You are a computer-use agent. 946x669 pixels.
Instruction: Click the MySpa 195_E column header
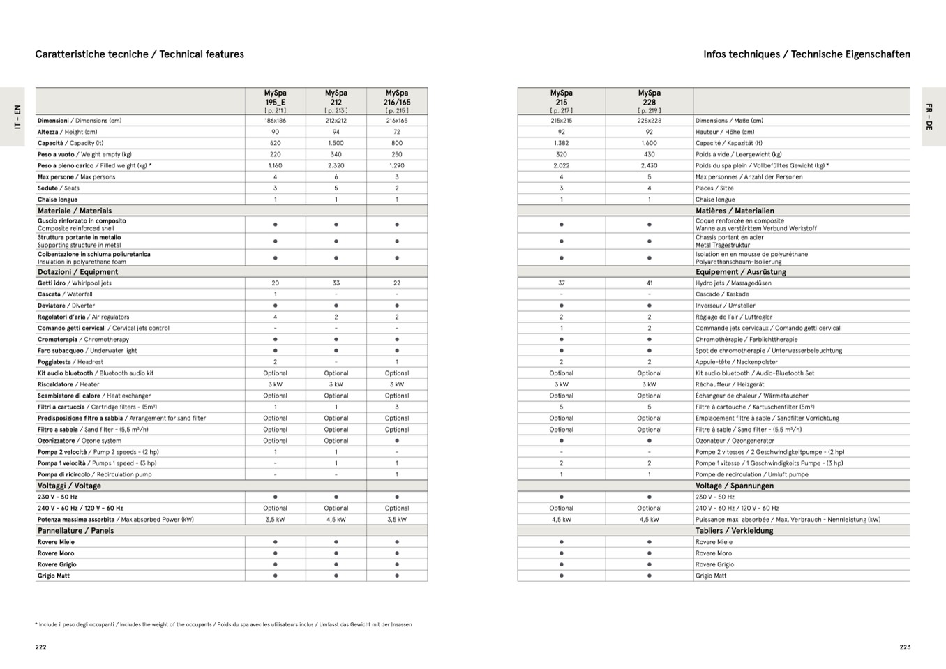[275, 101]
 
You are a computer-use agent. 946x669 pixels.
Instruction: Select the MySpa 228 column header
[649, 101]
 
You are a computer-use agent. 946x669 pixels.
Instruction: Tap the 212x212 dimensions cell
[336, 121]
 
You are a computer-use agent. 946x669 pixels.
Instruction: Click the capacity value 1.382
[561, 143]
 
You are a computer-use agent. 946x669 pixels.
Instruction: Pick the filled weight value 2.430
[649, 166]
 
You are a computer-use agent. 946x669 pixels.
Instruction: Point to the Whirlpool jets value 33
[336, 283]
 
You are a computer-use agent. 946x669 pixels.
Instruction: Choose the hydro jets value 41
[649, 283]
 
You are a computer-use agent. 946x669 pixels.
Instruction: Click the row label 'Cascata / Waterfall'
[65, 294]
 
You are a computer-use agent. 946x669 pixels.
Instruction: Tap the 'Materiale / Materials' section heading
[75, 211]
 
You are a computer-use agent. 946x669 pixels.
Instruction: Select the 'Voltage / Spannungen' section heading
[734, 486]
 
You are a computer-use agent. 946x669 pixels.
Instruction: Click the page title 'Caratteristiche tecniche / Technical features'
[140, 54]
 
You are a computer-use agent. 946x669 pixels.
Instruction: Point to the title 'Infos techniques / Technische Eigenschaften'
[806, 54]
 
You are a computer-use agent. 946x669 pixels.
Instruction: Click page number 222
[41, 647]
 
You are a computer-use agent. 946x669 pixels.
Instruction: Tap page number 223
[905, 647]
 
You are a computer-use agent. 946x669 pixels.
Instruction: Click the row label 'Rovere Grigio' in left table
[57, 564]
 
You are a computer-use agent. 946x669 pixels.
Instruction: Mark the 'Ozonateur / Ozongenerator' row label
[735, 441]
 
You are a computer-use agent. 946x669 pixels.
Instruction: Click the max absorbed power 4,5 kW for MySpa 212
[336, 520]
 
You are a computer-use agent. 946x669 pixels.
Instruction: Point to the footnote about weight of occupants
[223, 625]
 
